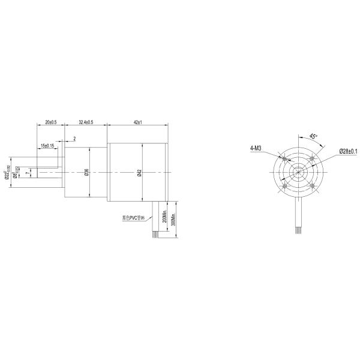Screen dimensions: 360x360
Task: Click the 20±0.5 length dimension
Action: pos(50,122)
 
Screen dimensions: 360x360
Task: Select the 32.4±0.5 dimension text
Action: pos(86,122)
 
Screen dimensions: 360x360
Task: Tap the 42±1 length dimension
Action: pos(137,122)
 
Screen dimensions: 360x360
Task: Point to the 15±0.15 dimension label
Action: pos(47,146)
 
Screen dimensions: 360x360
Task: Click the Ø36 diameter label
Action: pos(87,172)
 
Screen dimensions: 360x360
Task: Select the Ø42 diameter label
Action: pos(139,173)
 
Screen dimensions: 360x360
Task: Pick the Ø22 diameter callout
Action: pos(7,172)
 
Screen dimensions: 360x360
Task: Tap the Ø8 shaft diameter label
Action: pos(14,175)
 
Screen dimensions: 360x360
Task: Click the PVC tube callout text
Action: pos(134,218)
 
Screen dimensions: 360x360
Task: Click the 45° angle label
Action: pos(313,137)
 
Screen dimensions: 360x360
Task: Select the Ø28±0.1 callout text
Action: pos(348,151)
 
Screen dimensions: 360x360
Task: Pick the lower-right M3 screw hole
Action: pos(312,186)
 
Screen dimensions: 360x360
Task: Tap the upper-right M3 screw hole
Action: pos(312,158)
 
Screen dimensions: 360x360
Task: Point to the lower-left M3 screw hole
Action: pos(284,186)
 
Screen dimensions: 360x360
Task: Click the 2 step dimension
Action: pos(74,139)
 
